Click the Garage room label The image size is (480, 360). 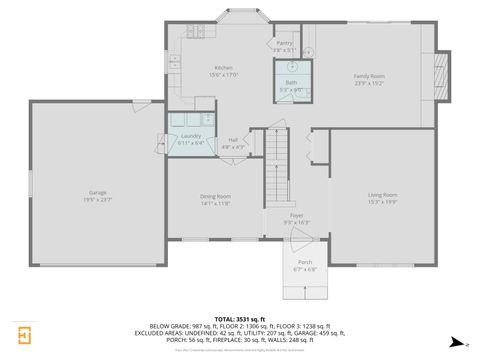[98, 191]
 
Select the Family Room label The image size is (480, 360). [369, 76]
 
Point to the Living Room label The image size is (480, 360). [382, 194]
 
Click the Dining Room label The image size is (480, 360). [216, 196]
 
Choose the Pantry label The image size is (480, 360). [285, 43]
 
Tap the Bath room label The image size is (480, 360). [291, 82]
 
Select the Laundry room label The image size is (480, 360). [191, 136]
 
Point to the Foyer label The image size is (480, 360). [297, 215]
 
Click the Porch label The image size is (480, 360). [304, 263]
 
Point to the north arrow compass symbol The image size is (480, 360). [455, 342]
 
